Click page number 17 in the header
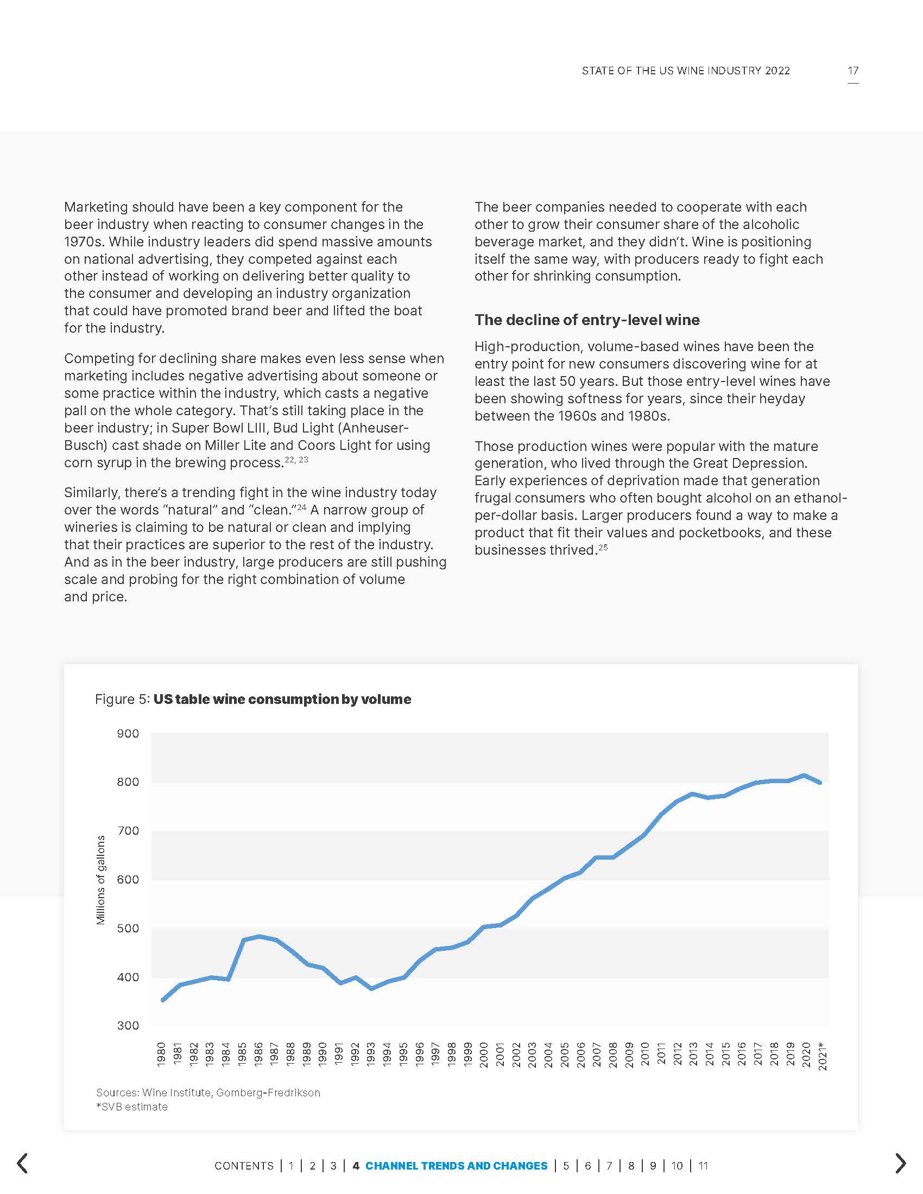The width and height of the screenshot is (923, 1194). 853,71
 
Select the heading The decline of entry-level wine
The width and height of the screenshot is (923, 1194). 587,320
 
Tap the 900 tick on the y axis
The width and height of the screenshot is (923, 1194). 128,734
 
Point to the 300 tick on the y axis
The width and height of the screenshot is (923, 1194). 128,1026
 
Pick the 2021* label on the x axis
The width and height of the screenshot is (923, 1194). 823,1056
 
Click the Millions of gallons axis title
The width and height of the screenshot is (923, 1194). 100,880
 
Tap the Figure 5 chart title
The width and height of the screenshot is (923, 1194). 252,699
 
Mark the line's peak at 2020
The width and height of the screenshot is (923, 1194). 804,775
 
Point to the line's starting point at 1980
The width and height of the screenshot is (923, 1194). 162,1000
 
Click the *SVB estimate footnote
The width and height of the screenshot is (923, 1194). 132,1107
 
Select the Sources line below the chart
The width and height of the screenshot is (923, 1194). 208,1093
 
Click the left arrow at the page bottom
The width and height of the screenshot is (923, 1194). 22,1164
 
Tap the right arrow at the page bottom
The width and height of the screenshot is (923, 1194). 900,1164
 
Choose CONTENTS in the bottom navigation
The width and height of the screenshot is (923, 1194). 244,1166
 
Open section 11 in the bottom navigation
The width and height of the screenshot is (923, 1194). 703,1166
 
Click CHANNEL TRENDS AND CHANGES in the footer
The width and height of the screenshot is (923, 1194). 456,1166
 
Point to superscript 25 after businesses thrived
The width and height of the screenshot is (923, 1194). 603,547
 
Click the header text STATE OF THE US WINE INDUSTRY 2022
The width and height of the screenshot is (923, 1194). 686,71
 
